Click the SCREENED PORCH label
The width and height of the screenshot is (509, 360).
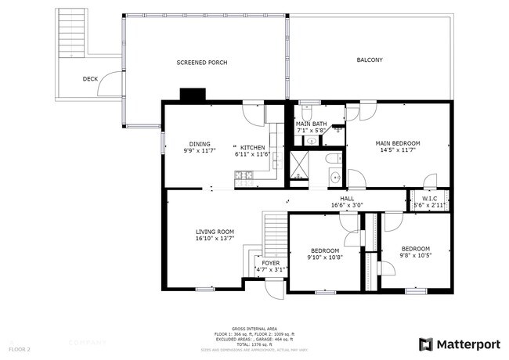(x=201, y=63)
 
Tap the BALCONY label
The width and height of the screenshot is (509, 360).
(x=369, y=60)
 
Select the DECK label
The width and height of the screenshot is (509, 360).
(x=90, y=79)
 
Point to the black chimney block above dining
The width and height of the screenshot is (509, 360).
(x=191, y=95)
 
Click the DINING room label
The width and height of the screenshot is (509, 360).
(x=199, y=144)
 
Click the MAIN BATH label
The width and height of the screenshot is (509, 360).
(x=311, y=124)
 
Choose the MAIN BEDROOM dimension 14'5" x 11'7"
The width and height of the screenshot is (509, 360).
(x=398, y=151)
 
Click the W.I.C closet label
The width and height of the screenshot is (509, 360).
(x=429, y=199)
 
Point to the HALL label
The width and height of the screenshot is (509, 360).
(x=347, y=199)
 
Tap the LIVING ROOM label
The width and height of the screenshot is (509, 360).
(x=215, y=232)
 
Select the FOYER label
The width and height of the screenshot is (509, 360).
(x=270, y=263)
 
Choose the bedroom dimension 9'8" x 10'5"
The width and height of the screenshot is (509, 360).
(x=416, y=255)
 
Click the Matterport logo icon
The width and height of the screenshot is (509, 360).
(x=426, y=343)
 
